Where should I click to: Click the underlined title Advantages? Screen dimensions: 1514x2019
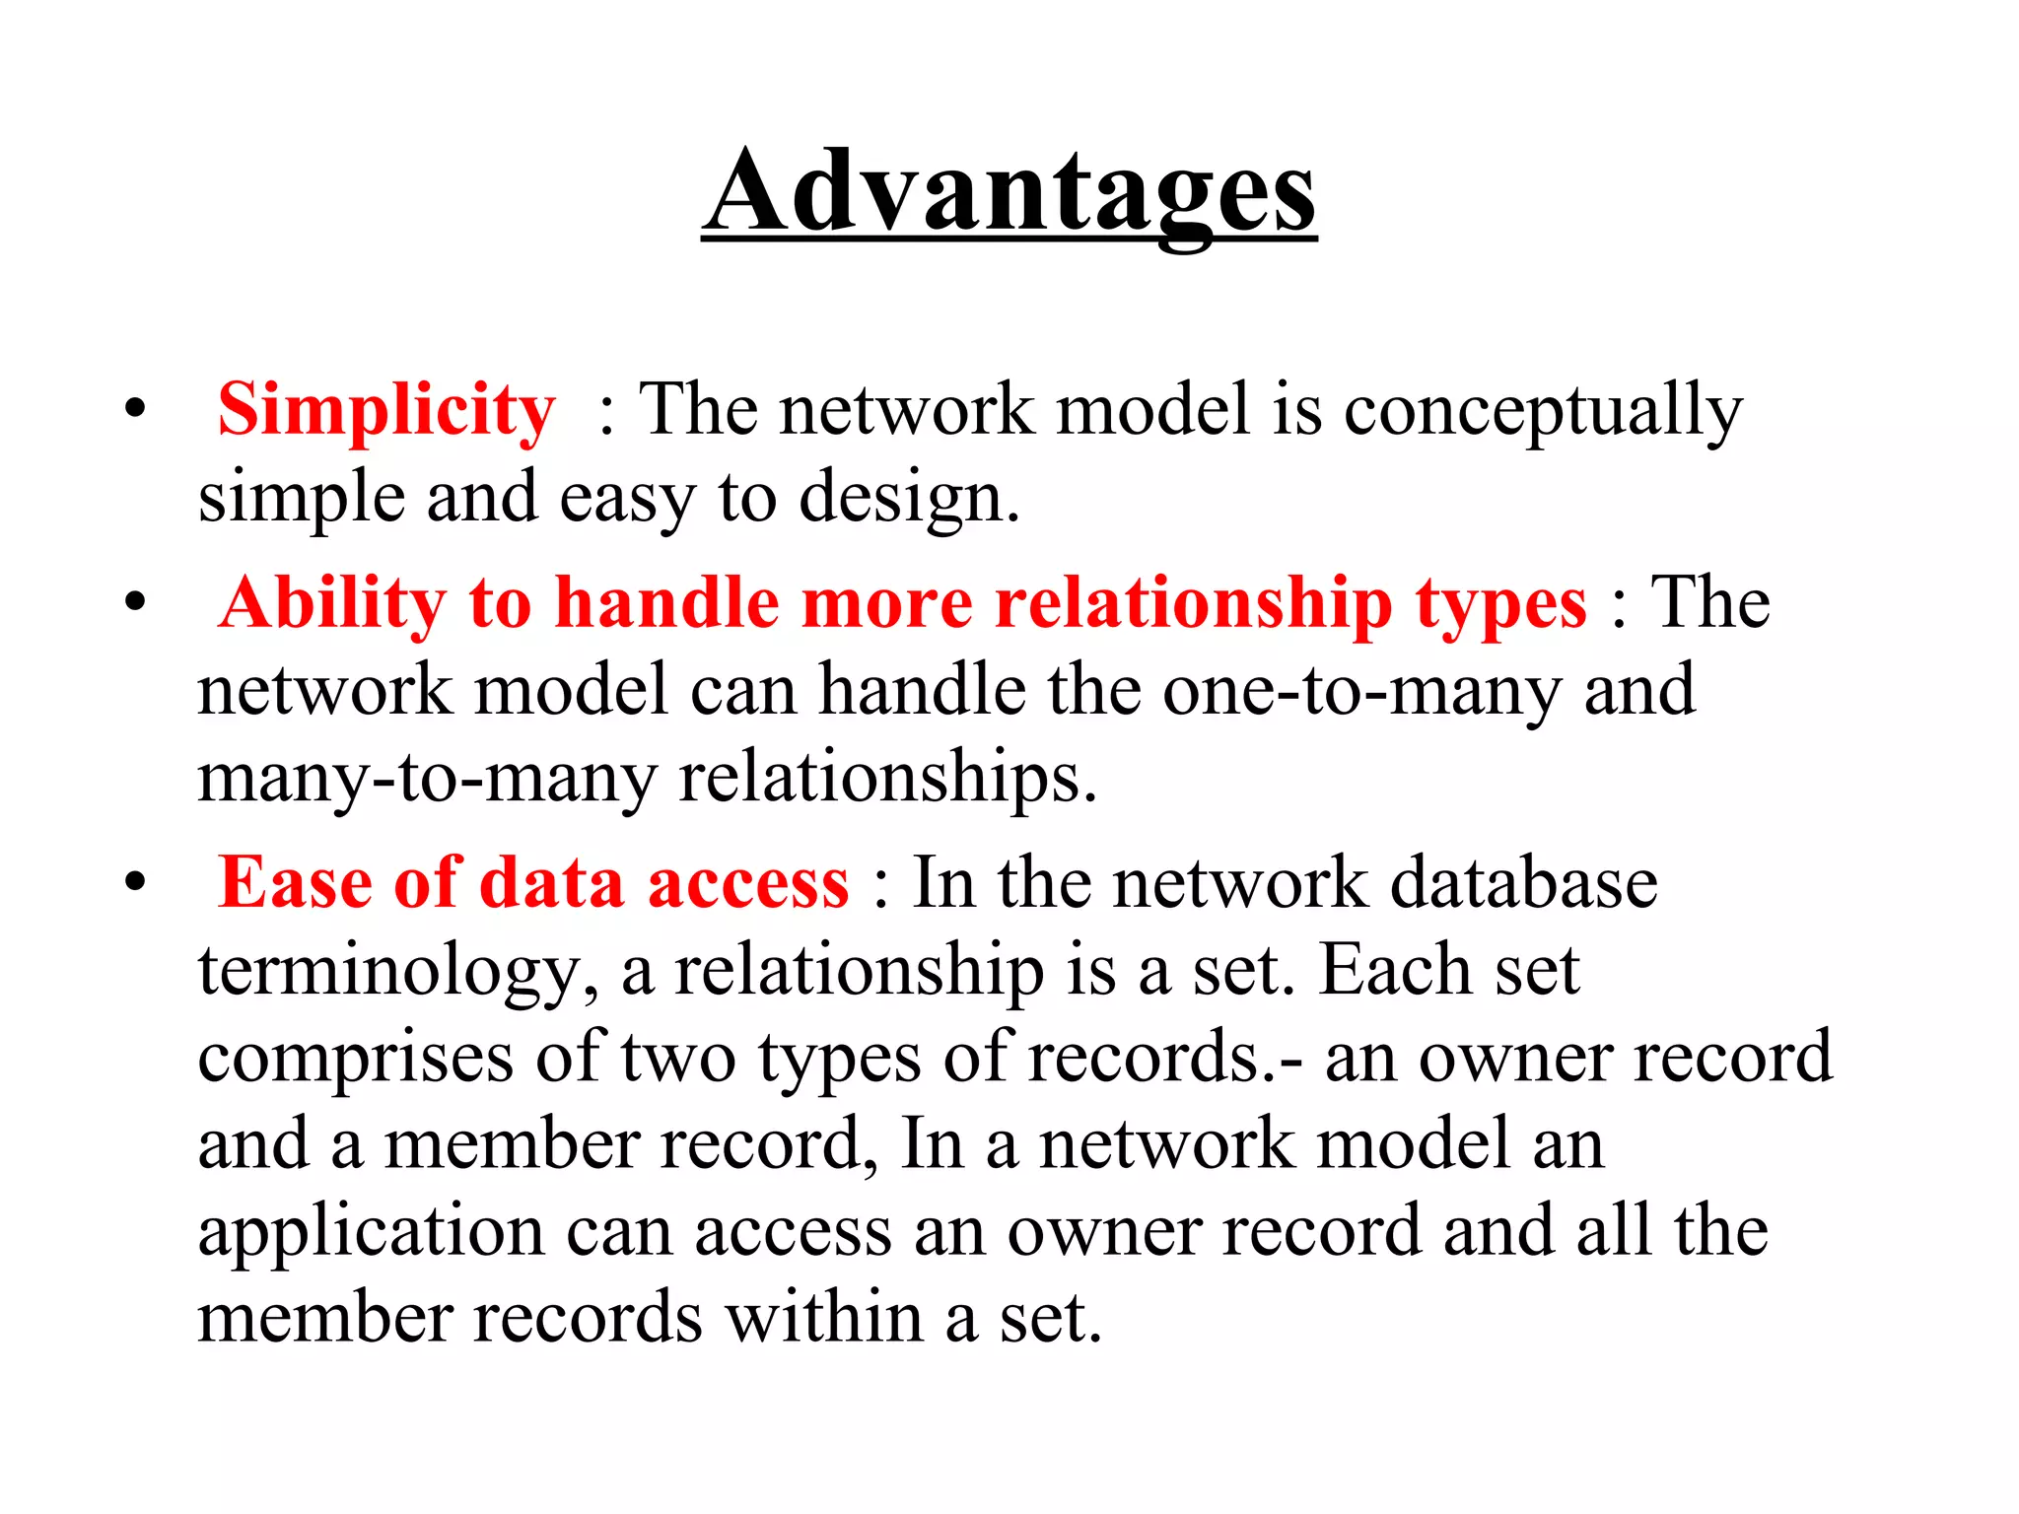(1009, 191)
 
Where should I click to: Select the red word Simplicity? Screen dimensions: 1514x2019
(386, 409)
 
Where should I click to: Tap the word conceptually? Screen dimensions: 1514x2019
(1543, 411)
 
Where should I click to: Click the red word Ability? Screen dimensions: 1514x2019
(332, 603)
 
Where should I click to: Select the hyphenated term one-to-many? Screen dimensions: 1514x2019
(1361, 690)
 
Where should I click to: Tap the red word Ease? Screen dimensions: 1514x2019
(295, 882)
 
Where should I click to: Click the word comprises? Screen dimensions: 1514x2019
(355, 1057)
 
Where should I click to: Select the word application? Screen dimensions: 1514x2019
(371, 1232)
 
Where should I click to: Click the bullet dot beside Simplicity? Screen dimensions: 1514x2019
(135, 409)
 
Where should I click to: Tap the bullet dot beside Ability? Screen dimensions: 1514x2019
(135, 603)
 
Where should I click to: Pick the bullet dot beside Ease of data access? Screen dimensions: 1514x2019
(135, 882)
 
